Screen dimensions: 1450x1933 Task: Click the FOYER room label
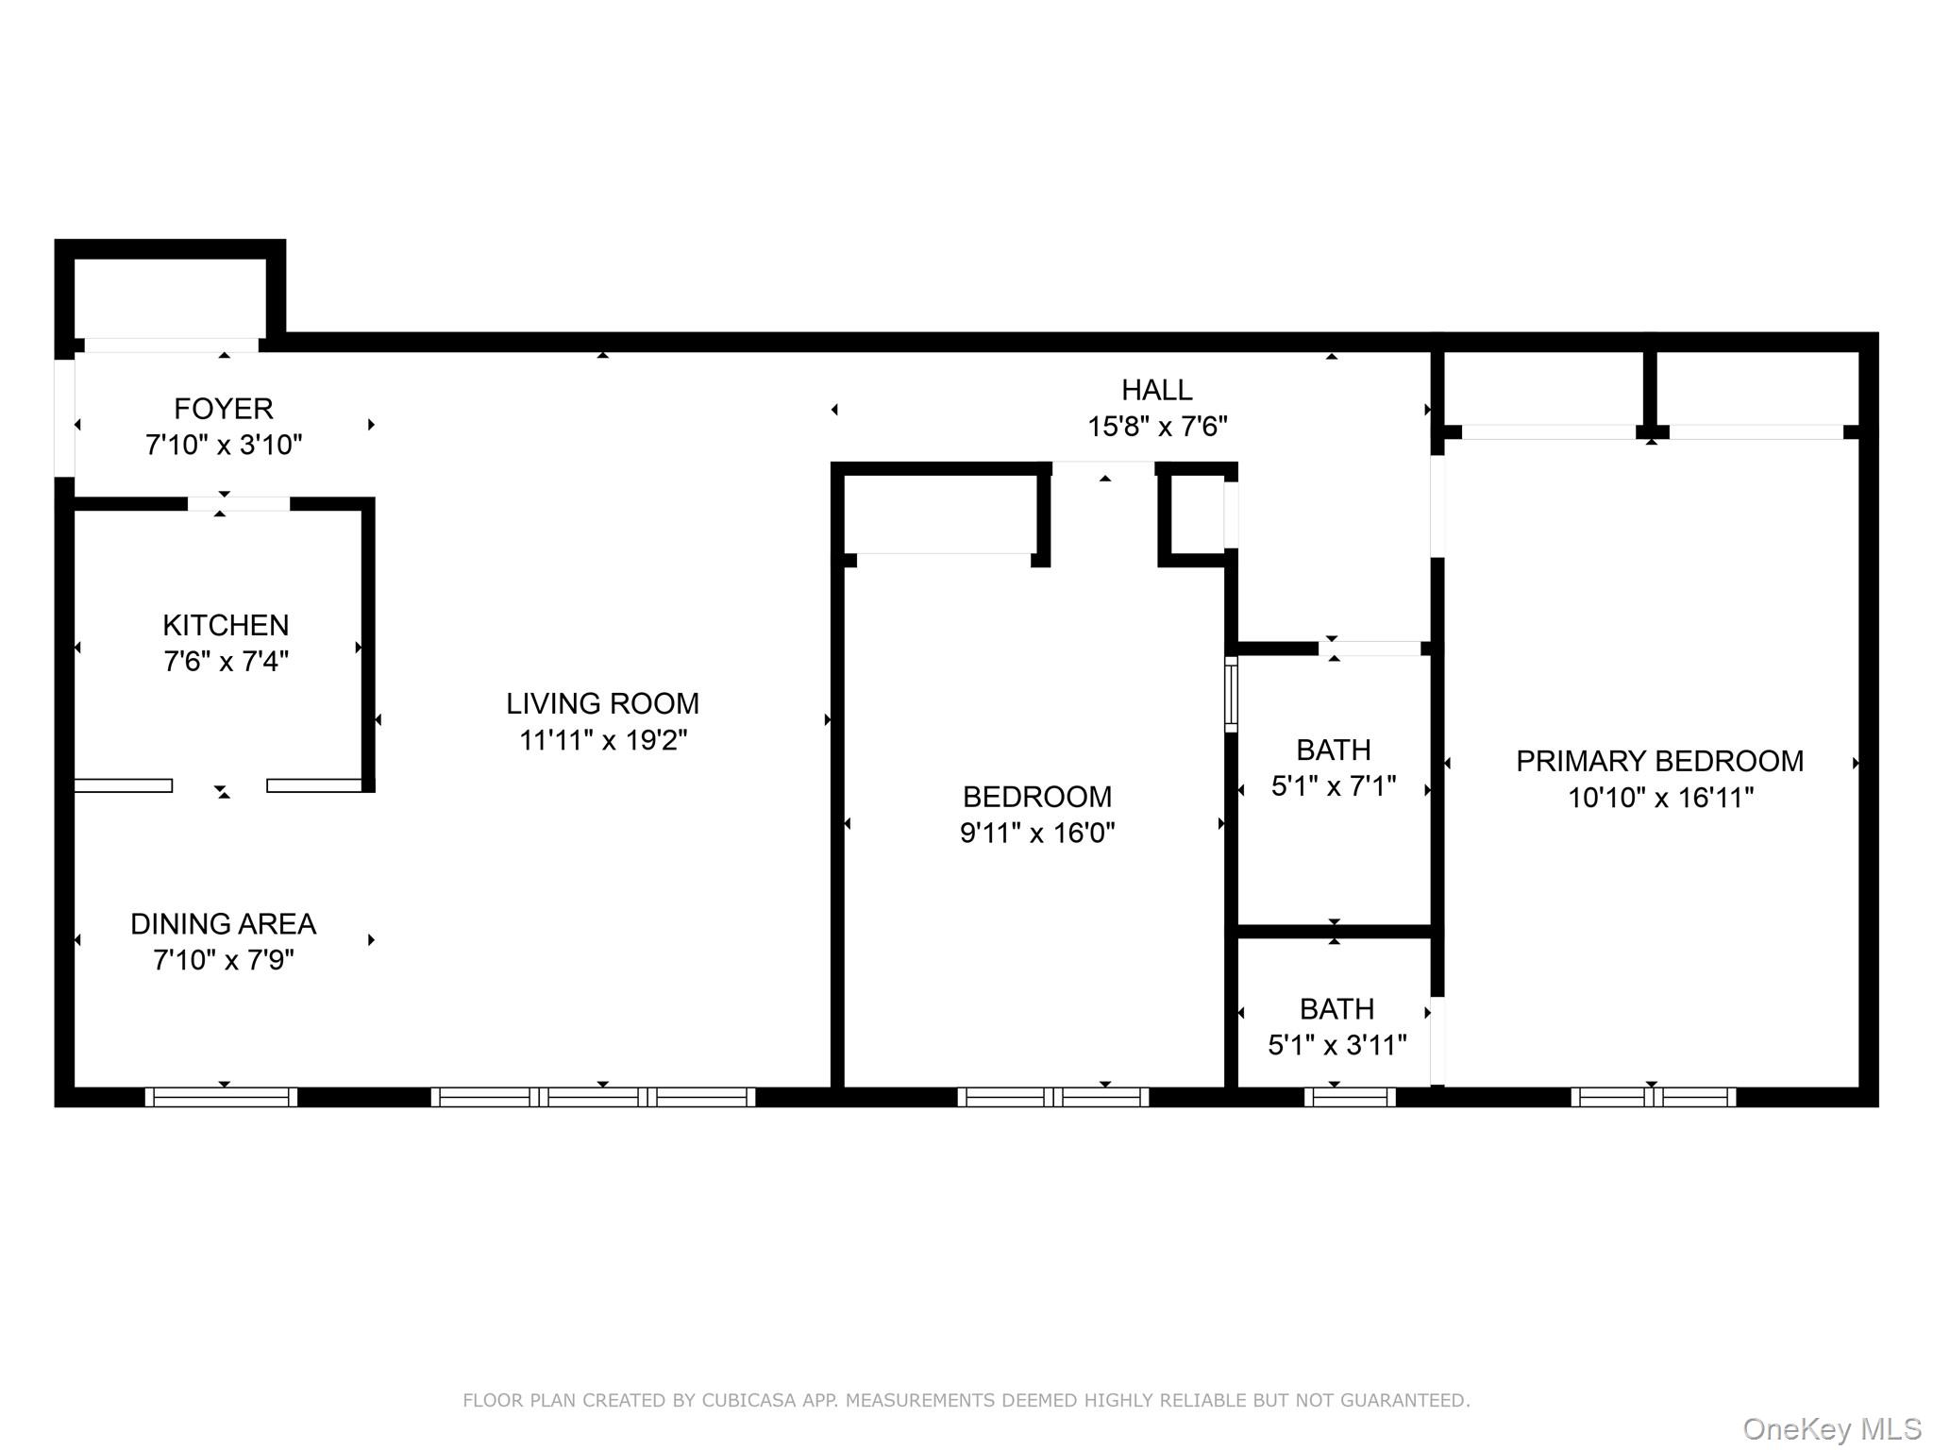[224, 409]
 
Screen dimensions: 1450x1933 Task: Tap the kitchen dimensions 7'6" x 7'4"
[226, 661]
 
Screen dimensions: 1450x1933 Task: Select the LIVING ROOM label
[602, 703]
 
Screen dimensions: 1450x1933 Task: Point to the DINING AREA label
[223, 923]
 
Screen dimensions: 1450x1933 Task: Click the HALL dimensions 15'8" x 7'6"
[1157, 427]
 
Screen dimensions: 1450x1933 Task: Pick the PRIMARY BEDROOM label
[1659, 761]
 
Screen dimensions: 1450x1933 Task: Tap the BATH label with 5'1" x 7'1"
[1333, 750]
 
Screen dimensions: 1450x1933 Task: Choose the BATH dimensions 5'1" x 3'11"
[1336, 1045]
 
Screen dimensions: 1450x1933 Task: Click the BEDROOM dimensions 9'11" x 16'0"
[1037, 833]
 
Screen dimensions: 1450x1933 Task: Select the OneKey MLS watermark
[1831, 1428]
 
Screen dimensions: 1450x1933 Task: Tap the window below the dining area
[221, 1097]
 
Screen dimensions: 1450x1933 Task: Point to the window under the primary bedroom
[1653, 1097]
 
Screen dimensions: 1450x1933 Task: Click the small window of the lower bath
[1349, 1097]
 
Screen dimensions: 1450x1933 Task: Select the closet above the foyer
[170, 296]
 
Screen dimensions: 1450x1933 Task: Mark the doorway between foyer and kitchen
[238, 504]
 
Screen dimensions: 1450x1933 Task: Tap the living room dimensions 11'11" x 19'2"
[602, 740]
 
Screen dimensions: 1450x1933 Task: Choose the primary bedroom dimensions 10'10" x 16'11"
[1660, 798]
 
